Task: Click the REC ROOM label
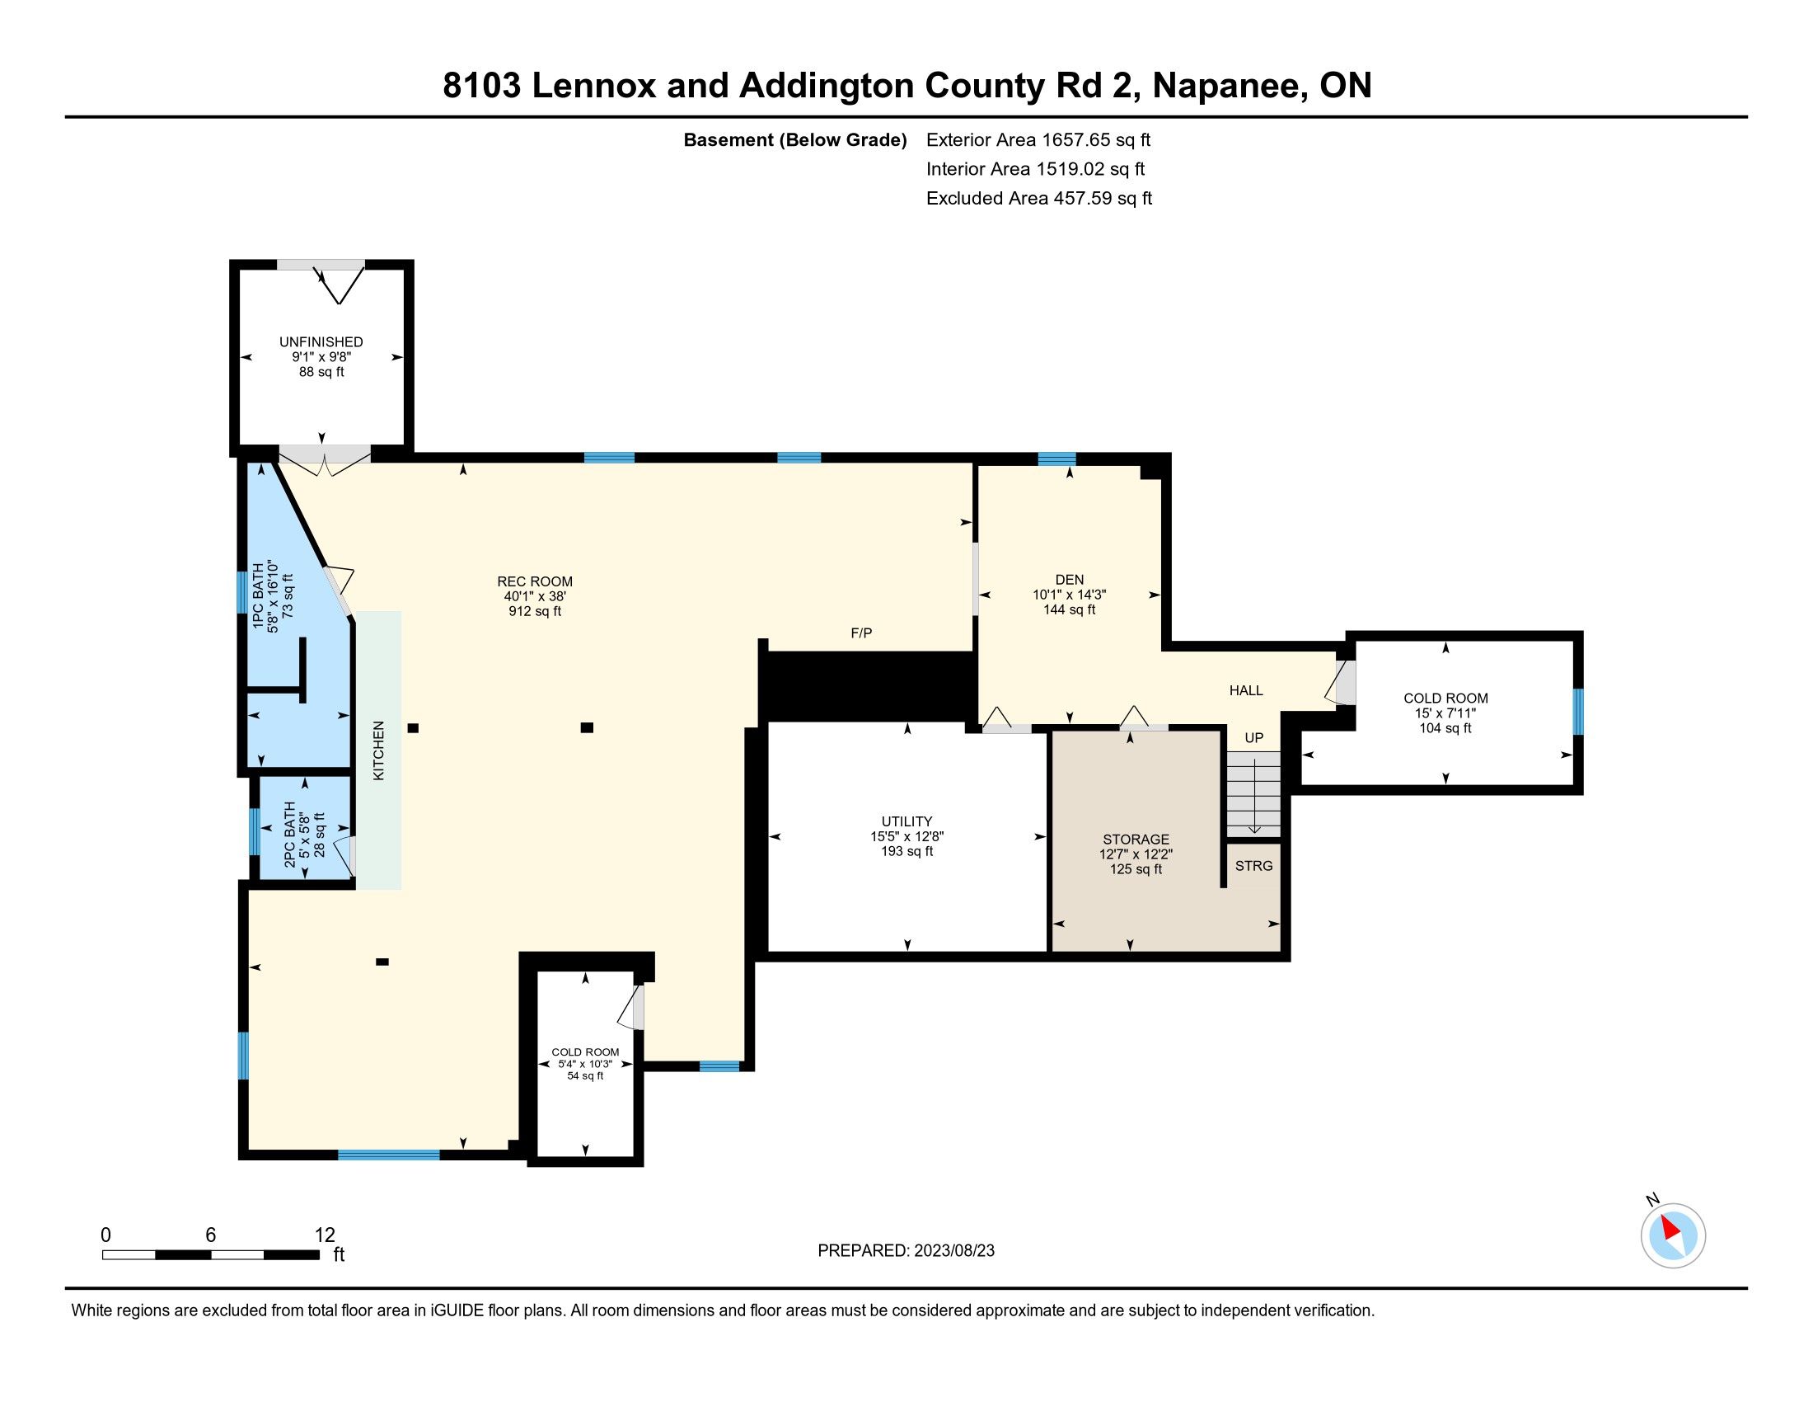tap(535, 581)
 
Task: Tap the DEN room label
tap(1069, 580)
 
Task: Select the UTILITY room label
tap(906, 821)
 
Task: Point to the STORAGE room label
tap(1136, 840)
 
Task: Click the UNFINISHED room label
tap(321, 342)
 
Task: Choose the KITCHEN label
tap(378, 750)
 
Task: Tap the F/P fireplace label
tap(862, 633)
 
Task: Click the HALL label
tap(1246, 690)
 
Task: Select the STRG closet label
tap(1253, 865)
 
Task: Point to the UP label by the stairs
tap(1253, 737)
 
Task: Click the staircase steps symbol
tap(1253, 794)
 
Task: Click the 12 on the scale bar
tap(325, 1235)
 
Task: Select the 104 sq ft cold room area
tap(1445, 728)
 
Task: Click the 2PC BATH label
tap(290, 835)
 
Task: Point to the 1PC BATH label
tap(258, 597)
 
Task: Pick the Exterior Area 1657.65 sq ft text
tap(1038, 139)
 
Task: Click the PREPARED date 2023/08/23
tap(953, 1251)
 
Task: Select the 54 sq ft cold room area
tap(585, 1075)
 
